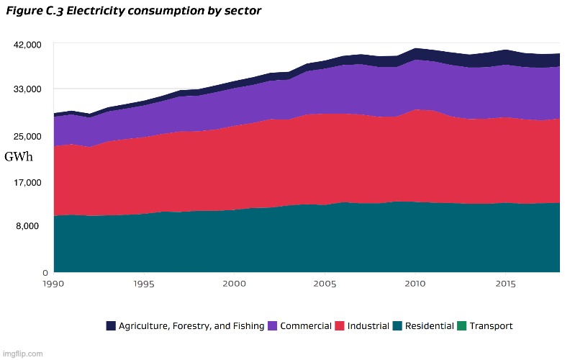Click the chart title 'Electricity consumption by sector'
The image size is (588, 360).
click(x=134, y=12)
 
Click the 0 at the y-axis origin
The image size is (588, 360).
click(x=45, y=273)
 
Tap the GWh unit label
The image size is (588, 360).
click(x=19, y=157)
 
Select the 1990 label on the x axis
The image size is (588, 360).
click(x=54, y=284)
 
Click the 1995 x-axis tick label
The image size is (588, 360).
click(x=144, y=284)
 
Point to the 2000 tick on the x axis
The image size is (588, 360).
click(x=235, y=284)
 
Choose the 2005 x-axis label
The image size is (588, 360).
click(x=325, y=284)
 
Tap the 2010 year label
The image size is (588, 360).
click(x=415, y=284)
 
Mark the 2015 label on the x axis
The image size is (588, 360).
click(x=505, y=284)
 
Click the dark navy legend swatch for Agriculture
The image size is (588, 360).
click(x=111, y=326)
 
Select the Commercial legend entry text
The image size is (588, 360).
click(x=305, y=326)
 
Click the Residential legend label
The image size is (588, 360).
click(x=429, y=326)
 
